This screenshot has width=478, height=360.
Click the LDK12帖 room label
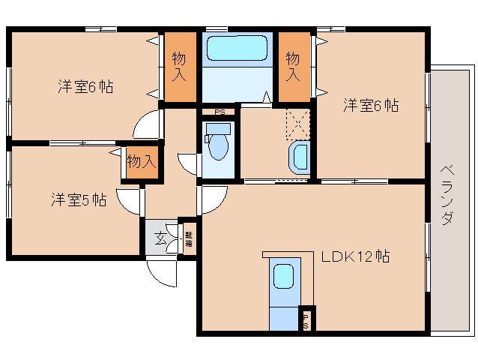click(354, 256)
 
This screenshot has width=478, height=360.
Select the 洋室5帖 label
click(78, 200)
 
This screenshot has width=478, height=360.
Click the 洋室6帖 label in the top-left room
click(85, 87)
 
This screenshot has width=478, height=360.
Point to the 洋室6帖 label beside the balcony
click(371, 106)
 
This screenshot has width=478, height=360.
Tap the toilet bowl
click(217, 145)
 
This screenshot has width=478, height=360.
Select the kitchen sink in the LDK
click(284, 277)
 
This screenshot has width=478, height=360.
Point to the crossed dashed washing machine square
click(298, 124)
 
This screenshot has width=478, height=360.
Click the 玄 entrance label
click(160, 239)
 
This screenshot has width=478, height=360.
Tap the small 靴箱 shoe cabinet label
click(189, 239)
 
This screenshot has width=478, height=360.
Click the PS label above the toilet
click(219, 113)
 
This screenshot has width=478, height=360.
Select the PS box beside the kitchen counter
click(306, 320)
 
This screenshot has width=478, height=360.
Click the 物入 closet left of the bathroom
click(180, 67)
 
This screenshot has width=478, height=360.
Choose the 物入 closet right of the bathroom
click(293, 67)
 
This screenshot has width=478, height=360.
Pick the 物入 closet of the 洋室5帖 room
click(141, 161)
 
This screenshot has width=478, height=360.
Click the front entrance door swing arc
click(162, 271)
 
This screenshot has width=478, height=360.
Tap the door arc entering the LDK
click(213, 199)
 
